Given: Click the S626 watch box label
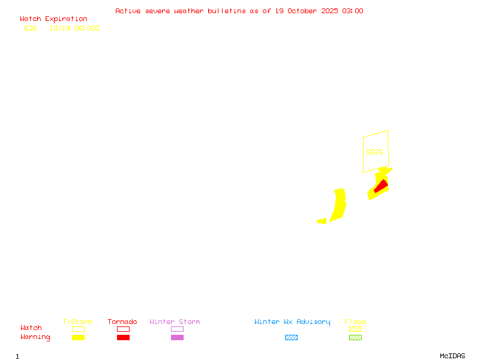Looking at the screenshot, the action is (374, 152).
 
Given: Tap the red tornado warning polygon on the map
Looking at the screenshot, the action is (380, 187).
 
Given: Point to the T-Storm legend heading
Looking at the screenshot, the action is (77, 322).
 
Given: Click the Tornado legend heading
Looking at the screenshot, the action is (122, 322).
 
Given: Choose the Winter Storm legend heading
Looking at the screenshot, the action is (175, 322).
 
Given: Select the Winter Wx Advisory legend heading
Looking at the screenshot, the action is (292, 322).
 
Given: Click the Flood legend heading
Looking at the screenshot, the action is (355, 322).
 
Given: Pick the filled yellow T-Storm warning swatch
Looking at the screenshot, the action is (78, 337).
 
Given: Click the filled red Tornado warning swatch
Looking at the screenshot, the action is (123, 337).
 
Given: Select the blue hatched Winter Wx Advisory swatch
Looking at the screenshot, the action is (291, 337).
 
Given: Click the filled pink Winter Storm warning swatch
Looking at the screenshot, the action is (177, 337).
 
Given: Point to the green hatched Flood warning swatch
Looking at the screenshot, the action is (355, 337).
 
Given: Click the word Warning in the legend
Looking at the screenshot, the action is (35, 337).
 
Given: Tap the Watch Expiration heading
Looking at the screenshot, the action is (53, 19).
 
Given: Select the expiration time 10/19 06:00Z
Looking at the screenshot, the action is (74, 28).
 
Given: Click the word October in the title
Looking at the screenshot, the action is (302, 11).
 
